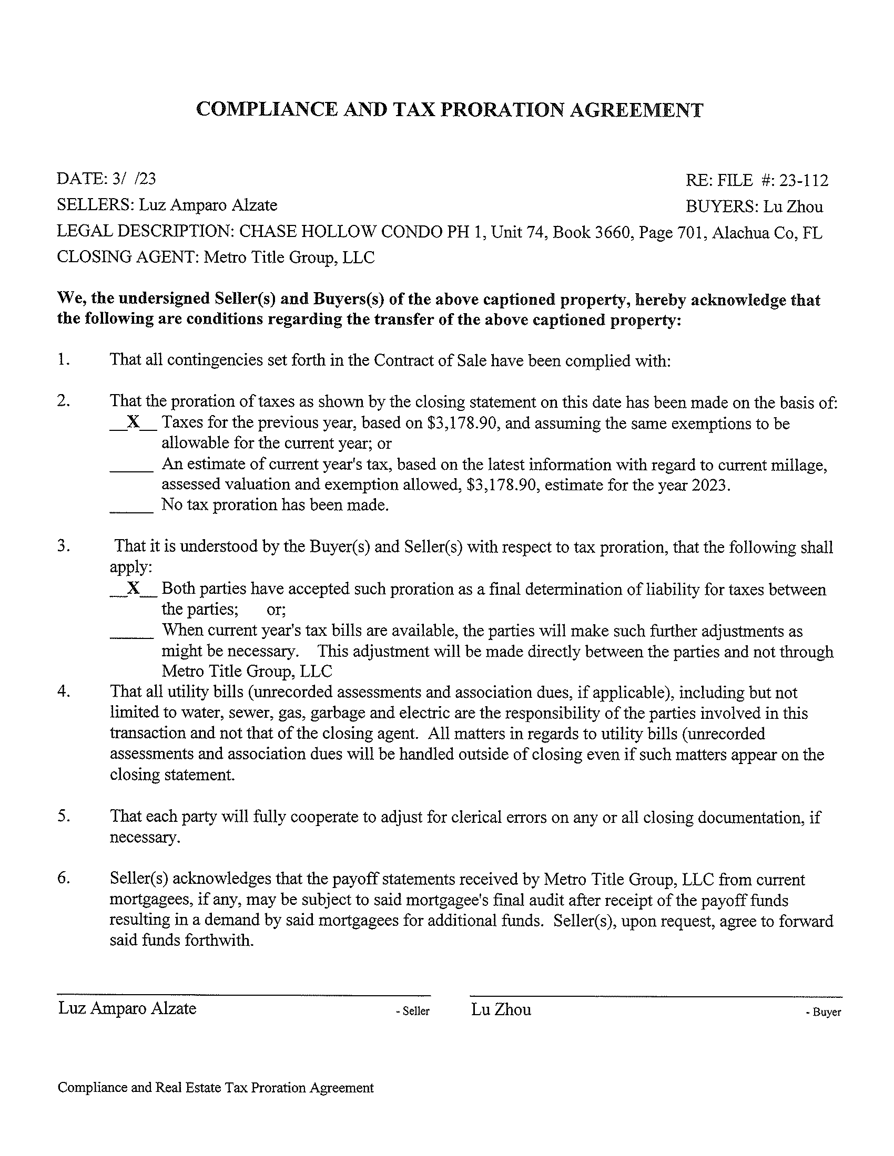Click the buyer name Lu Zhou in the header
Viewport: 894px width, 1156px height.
point(793,207)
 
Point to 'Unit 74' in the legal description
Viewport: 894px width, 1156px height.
point(519,233)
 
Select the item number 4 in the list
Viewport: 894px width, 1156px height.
point(63,692)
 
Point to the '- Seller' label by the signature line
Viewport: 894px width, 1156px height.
point(413,1011)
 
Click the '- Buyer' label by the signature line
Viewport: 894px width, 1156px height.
point(823,1012)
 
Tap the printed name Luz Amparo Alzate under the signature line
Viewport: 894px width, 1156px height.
point(127,1008)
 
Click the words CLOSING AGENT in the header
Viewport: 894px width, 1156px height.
point(127,257)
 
